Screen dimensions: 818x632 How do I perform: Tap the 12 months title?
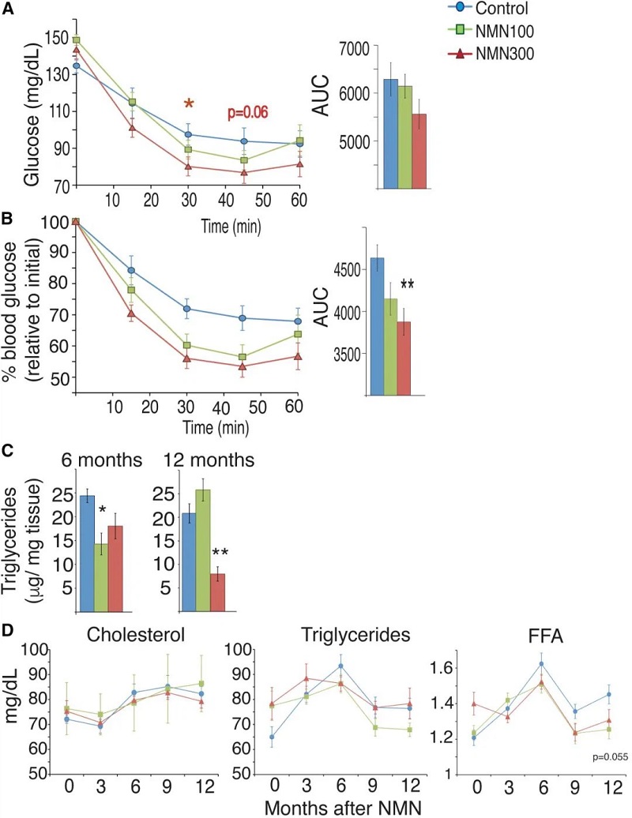click(197, 460)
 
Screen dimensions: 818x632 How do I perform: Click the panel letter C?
click(7, 452)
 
